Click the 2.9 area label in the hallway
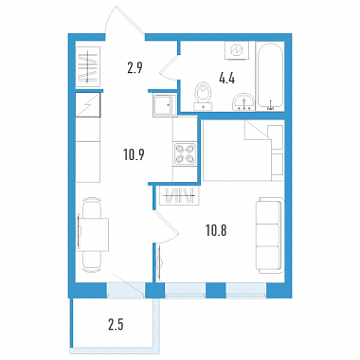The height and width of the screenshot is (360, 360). click(x=135, y=67)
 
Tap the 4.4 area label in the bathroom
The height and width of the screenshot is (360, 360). click(x=226, y=79)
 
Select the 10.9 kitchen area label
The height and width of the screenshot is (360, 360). click(x=134, y=154)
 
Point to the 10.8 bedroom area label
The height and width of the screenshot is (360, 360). click(x=216, y=231)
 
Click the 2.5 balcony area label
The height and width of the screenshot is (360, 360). click(x=116, y=324)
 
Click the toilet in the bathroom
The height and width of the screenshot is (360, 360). click(x=202, y=97)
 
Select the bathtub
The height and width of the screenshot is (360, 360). click(x=270, y=76)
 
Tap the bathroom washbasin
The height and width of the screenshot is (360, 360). click(x=243, y=101)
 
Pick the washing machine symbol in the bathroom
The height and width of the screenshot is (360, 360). click(x=236, y=50)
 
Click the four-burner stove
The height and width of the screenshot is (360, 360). click(x=185, y=153)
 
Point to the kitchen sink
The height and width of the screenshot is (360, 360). click(x=163, y=104)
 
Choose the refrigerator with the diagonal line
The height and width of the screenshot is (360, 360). click(x=88, y=105)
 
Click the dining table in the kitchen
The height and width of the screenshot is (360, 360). click(x=94, y=234)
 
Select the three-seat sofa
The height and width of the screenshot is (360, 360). click(x=269, y=235)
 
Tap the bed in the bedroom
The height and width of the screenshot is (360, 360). click(x=243, y=150)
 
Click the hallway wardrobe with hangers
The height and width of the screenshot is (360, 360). click(x=88, y=66)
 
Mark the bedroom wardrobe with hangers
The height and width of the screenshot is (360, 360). click(x=180, y=196)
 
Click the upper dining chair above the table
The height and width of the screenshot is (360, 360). click(x=92, y=207)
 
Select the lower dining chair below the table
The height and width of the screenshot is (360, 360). click(x=92, y=261)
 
